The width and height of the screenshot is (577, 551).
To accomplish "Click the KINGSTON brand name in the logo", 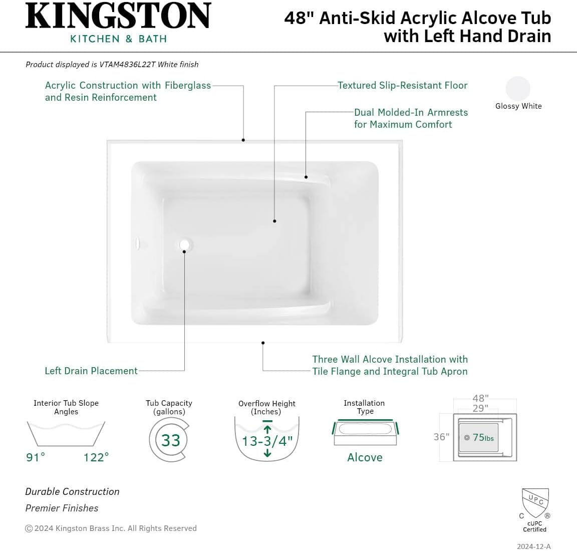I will [118, 16].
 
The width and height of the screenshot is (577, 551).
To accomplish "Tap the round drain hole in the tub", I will [185, 245].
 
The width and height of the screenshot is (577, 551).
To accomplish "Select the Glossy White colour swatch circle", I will [517, 89].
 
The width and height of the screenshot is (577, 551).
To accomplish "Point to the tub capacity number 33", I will [170, 440].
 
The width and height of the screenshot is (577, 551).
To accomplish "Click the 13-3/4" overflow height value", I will [267, 441].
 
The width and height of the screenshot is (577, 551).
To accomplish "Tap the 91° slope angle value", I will [36, 457].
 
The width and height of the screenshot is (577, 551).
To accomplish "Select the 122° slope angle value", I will [96, 457].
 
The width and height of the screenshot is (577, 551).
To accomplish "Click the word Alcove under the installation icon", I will [365, 457].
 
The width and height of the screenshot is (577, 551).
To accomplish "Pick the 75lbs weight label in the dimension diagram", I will [483, 438].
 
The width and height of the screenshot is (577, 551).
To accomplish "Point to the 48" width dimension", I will [480, 398].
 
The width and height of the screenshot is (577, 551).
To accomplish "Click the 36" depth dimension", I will [441, 437].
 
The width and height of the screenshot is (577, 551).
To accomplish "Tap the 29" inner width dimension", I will [480, 408].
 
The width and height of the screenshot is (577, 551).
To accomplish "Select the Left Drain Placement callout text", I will [91, 371].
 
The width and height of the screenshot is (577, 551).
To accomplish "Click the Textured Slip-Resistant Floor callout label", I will [402, 86].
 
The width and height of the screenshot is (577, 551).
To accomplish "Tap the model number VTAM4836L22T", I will [127, 65].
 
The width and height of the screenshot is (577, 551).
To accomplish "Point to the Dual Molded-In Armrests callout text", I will [411, 118].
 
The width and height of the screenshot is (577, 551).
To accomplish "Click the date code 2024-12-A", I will [533, 546].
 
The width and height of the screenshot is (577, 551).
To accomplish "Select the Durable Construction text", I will [73, 491].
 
